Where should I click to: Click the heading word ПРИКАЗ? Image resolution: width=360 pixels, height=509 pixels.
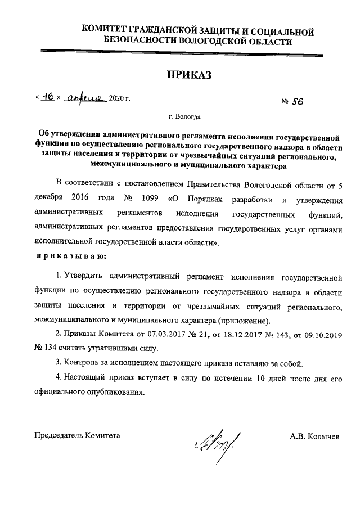[x=188, y=75]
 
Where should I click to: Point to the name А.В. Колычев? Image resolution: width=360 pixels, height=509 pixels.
[x=315, y=436]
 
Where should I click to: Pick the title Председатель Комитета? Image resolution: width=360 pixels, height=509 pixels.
[x=77, y=435]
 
